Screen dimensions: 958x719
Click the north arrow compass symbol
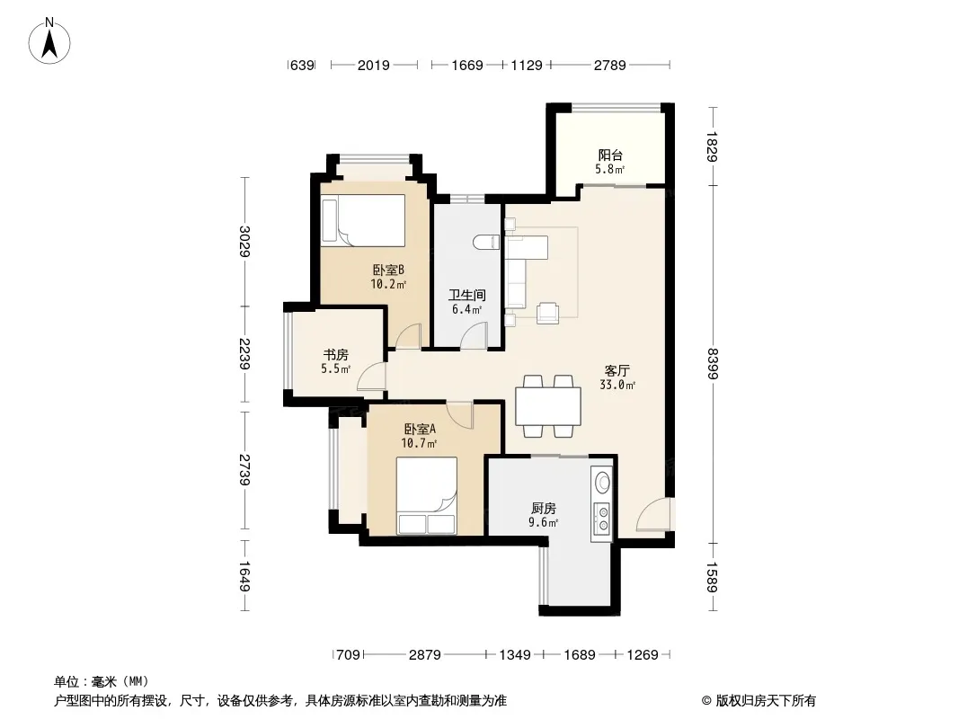click(x=49, y=41)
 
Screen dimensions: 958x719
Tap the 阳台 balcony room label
click(x=609, y=155)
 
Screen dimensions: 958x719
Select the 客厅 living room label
click(x=617, y=371)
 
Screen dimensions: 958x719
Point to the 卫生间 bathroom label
click(x=467, y=295)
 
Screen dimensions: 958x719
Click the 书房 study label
click(x=335, y=354)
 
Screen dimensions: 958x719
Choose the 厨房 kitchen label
click(x=543, y=509)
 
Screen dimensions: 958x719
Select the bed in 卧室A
click(x=427, y=495)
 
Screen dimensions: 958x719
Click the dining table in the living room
click(x=548, y=406)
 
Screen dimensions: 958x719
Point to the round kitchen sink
click(x=602, y=483)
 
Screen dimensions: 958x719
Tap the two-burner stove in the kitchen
click(x=602, y=518)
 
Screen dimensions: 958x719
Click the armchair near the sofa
click(x=547, y=312)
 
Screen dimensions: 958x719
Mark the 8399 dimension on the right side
click(x=712, y=363)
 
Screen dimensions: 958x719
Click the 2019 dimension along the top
click(x=373, y=65)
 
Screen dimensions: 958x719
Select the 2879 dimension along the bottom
click(x=424, y=655)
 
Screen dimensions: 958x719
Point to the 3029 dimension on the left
click(x=244, y=241)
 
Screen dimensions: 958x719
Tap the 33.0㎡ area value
click(x=617, y=385)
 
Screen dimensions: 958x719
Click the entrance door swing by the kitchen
click(x=653, y=514)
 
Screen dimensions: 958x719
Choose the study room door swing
click(x=371, y=376)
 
